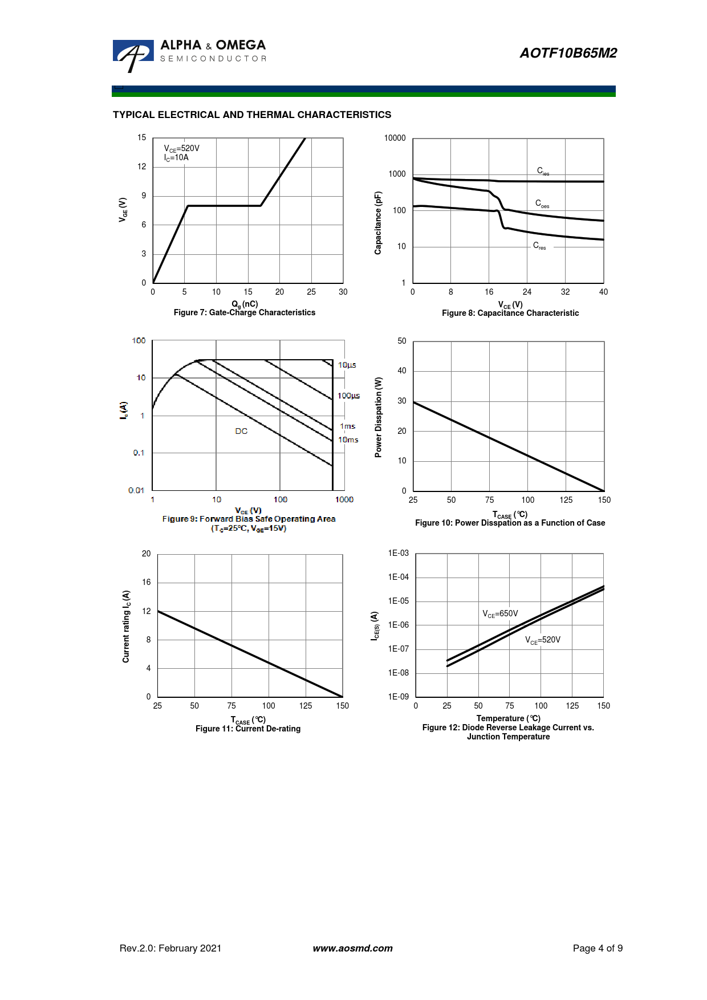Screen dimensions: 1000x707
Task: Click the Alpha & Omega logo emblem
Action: (133, 55)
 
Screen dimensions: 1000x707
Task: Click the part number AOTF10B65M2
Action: (568, 53)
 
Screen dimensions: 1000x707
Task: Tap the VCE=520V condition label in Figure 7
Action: (182, 148)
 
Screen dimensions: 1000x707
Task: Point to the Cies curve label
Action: (543, 170)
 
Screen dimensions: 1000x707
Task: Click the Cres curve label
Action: (539, 246)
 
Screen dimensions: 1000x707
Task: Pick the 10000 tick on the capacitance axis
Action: (395, 138)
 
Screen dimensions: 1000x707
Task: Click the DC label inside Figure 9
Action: (241, 431)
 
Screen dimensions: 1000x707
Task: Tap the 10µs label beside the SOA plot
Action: (347, 365)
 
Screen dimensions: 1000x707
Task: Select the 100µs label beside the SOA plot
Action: (348, 396)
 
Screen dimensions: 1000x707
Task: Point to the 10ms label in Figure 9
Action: (348, 440)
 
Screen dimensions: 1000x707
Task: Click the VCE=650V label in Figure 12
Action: (500, 613)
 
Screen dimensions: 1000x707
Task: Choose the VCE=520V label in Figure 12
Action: (542, 640)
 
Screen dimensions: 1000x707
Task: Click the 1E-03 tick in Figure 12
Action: (398, 553)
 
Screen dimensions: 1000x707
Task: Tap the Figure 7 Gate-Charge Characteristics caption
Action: (244, 312)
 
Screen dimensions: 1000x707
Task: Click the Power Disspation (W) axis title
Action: (378, 417)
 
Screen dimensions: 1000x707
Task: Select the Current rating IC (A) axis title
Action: (126, 626)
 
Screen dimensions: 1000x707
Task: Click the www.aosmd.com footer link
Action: (352, 948)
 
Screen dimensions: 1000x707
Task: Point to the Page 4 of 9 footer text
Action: (598, 948)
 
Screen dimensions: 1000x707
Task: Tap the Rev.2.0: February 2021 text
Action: (170, 948)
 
